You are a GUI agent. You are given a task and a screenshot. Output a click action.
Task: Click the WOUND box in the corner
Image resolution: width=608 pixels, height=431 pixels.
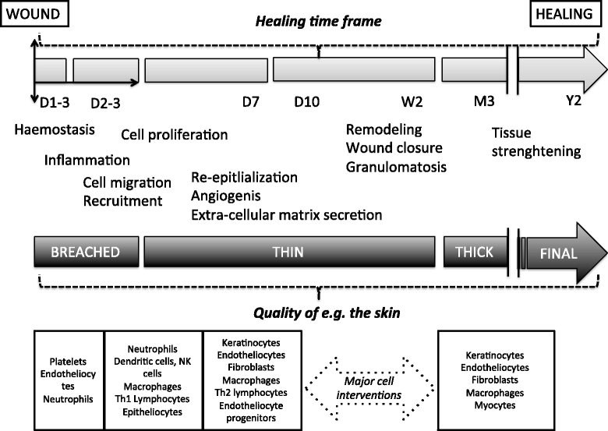34,13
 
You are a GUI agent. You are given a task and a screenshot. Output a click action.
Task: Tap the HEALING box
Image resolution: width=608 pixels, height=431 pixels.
565,13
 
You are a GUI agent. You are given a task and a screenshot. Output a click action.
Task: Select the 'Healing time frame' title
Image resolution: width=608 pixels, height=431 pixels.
318,21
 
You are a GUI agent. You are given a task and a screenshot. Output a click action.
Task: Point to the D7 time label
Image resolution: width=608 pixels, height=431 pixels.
251,102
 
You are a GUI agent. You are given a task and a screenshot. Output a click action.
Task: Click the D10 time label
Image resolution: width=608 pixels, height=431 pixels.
306,102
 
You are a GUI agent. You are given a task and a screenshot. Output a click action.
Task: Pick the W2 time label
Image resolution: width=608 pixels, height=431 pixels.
412,102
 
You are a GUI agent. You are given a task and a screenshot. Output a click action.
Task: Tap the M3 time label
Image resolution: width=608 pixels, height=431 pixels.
484,101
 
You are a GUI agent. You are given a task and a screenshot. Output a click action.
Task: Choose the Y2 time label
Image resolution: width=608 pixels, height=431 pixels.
574,101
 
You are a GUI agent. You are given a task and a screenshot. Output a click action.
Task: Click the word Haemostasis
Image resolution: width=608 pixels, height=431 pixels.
55,129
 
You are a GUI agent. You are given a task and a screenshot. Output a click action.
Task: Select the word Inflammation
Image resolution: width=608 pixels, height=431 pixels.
87,160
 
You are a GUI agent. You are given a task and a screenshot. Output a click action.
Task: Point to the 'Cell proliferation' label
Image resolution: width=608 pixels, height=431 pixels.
174,135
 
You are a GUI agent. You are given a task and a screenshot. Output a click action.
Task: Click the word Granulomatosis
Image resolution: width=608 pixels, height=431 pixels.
396,167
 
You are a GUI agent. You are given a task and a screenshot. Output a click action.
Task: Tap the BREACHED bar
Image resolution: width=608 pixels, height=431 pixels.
87,252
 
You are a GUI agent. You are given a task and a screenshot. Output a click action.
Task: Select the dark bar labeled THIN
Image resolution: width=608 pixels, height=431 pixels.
289,252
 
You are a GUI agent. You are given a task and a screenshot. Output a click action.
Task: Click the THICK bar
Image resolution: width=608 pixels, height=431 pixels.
475,252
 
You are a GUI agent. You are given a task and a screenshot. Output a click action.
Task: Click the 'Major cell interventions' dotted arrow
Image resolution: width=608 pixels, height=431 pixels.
369,388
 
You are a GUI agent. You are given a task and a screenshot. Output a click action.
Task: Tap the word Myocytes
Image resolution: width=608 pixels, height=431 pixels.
495,405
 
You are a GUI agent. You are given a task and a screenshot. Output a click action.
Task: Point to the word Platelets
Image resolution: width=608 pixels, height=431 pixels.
68,362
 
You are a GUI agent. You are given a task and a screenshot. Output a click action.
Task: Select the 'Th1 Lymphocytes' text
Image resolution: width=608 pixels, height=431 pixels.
152,399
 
